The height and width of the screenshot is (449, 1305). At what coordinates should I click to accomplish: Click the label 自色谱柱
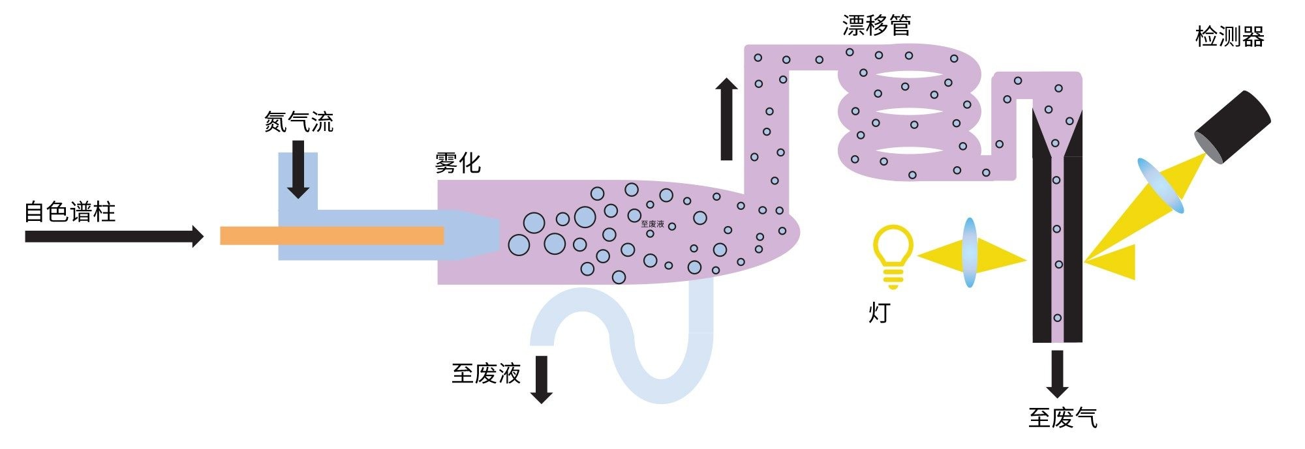pyautogui.click(x=70, y=212)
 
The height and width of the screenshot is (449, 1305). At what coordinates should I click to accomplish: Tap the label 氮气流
pyautogui.click(x=299, y=122)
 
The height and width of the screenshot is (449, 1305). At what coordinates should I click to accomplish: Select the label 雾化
pyautogui.click(x=457, y=163)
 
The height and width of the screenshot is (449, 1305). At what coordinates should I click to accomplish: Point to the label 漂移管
pyautogui.click(x=876, y=25)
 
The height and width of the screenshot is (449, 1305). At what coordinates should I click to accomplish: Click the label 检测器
pyautogui.click(x=1229, y=36)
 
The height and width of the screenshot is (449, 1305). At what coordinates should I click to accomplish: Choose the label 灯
pyautogui.click(x=879, y=313)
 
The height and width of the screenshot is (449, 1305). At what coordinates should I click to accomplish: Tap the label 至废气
pyautogui.click(x=1063, y=418)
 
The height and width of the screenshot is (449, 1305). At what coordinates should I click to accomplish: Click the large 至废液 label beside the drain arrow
pyautogui.click(x=486, y=373)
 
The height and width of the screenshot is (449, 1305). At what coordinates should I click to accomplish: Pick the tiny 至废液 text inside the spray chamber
pyautogui.click(x=652, y=224)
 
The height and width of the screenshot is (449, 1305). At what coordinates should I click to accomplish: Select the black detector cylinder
pyautogui.click(x=1232, y=128)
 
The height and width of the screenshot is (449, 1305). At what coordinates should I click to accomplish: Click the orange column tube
pyautogui.click(x=331, y=235)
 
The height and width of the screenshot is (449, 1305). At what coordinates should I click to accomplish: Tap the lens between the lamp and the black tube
pyautogui.click(x=970, y=253)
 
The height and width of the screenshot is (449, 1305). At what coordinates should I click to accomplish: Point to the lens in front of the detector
pyautogui.click(x=1161, y=186)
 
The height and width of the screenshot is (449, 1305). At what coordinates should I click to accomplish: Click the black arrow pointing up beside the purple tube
pyautogui.click(x=726, y=119)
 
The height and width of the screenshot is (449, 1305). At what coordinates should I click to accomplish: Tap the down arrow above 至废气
pyautogui.click(x=1057, y=373)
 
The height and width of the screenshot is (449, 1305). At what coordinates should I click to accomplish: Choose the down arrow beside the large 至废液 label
pyautogui.click(x=542, y=379)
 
